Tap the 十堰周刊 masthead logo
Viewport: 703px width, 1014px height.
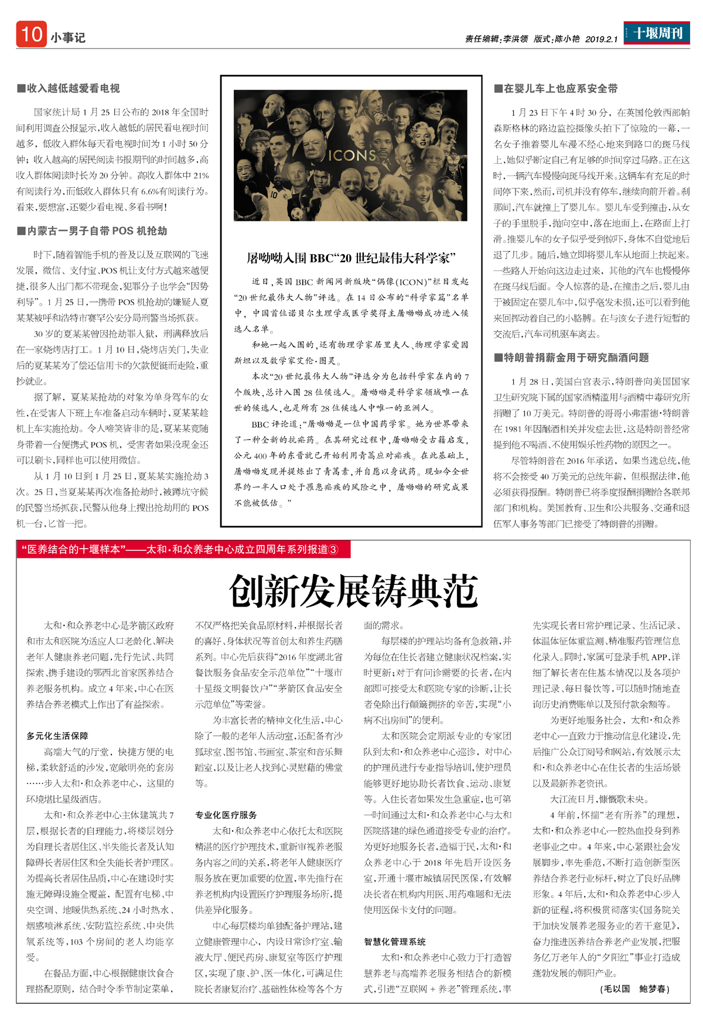coord(657,33)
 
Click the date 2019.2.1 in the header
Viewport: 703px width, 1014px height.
coord(601,39)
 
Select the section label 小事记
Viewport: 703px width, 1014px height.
coord(68,38)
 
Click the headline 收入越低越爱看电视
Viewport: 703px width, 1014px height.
coord(73,88)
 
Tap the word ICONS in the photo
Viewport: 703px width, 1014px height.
coord(351,156)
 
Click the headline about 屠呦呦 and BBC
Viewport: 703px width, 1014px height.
coord(351,258)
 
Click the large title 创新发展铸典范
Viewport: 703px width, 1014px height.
coord(353,591)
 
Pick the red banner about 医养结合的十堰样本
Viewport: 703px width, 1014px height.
coord(183,549)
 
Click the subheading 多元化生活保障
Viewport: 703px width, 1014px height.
coord(57,736)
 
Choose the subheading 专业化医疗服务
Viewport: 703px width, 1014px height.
coord(226,815)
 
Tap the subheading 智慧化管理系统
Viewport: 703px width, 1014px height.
coord(395,941)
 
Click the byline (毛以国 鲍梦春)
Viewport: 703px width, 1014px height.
coord(634,989)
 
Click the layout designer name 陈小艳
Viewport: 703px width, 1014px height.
coord(567,39)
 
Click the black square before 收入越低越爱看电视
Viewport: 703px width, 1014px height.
coord(21,88)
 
